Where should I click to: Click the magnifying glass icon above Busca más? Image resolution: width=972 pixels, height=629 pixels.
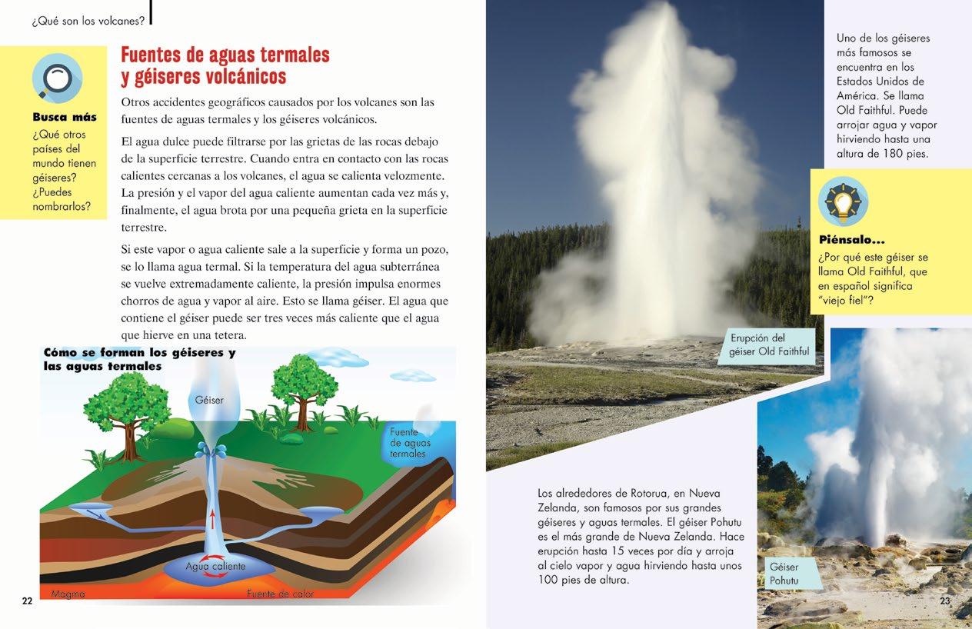tap(57, 78)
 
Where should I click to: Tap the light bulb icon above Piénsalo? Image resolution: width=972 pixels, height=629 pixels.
tap(843, 201)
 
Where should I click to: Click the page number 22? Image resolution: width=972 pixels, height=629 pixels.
tap(27, 601)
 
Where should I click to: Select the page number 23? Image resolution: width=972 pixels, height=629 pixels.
tap(945, 601)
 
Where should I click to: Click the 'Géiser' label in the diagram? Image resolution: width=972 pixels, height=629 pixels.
tap(209, 400)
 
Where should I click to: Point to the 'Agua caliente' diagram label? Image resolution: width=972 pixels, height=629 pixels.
tap(215, 567)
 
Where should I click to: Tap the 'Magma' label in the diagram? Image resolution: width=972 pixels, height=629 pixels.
tap(68, 594)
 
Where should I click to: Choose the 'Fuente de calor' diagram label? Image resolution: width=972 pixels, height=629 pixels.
tap(280, 594)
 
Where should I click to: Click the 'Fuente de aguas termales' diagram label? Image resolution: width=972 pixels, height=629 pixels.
tap(410, 443)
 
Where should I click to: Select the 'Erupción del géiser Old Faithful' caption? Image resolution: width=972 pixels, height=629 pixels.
tap(768, 345)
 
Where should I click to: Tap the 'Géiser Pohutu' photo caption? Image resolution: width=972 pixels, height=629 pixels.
tap(784, 574)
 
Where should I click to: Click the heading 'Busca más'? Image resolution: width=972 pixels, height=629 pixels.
tap(65, 118)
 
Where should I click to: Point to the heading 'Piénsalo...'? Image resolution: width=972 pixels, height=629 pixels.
tap(851, 240)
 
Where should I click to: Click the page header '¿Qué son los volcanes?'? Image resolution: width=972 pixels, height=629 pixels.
tap(88, 21)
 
